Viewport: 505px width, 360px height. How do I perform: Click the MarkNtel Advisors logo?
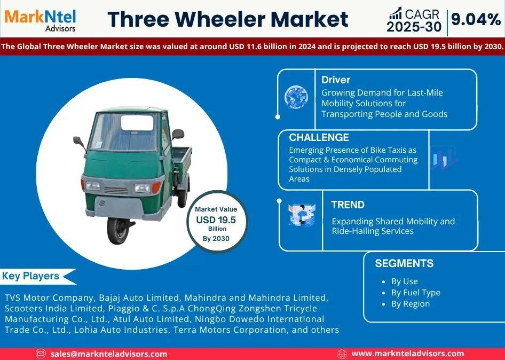pyautogui.click(x=40, y=20)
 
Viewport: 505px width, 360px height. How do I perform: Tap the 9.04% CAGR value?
pyautogui.click(x=476, y=20)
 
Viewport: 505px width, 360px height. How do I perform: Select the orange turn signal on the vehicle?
pyautogui.click(x=156, y=187)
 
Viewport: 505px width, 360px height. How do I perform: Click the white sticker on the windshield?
pyautogui.click(x=137, y=123)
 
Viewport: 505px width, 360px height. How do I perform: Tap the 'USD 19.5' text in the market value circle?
pyautogui.click(x=216, y=220)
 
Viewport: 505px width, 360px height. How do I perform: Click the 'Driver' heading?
pyautogui.click(x=336, y=80)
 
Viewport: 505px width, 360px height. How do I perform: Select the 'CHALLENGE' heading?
pyautogui.click(x=319, y=137)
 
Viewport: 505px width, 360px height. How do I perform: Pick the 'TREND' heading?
pyautogui.click(x=348, y=205)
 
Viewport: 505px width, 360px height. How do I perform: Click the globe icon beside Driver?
pyautogui.click(x=296, y=97)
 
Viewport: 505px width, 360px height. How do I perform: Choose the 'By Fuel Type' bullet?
pyautogui.click(x=415, y=293)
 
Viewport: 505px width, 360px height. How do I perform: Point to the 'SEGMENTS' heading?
pyautogui.click(x=404, y=263)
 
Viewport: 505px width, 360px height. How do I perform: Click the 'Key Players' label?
pyautogui.click(x=30, y=276)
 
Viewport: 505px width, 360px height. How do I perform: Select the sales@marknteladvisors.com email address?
pyautogui.click(x=109, y=354)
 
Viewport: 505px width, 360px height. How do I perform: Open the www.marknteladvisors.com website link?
pyautogui.click(x=408, y=354)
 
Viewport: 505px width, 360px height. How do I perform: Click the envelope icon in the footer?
pyautogui.click(x=40, y=354)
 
